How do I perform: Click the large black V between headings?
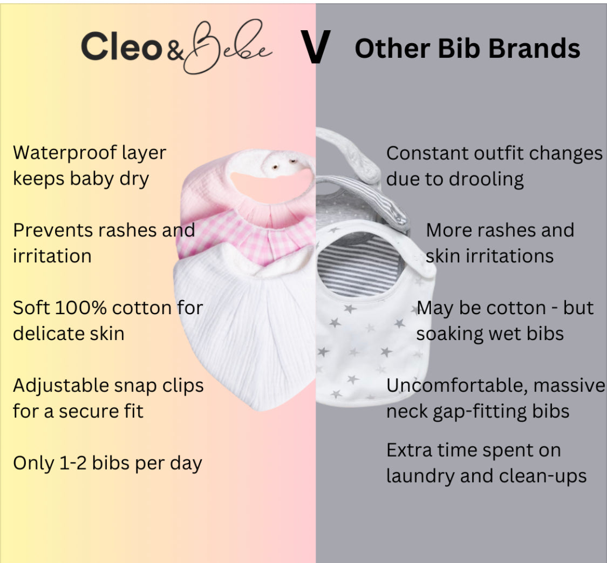click(315, 48)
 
